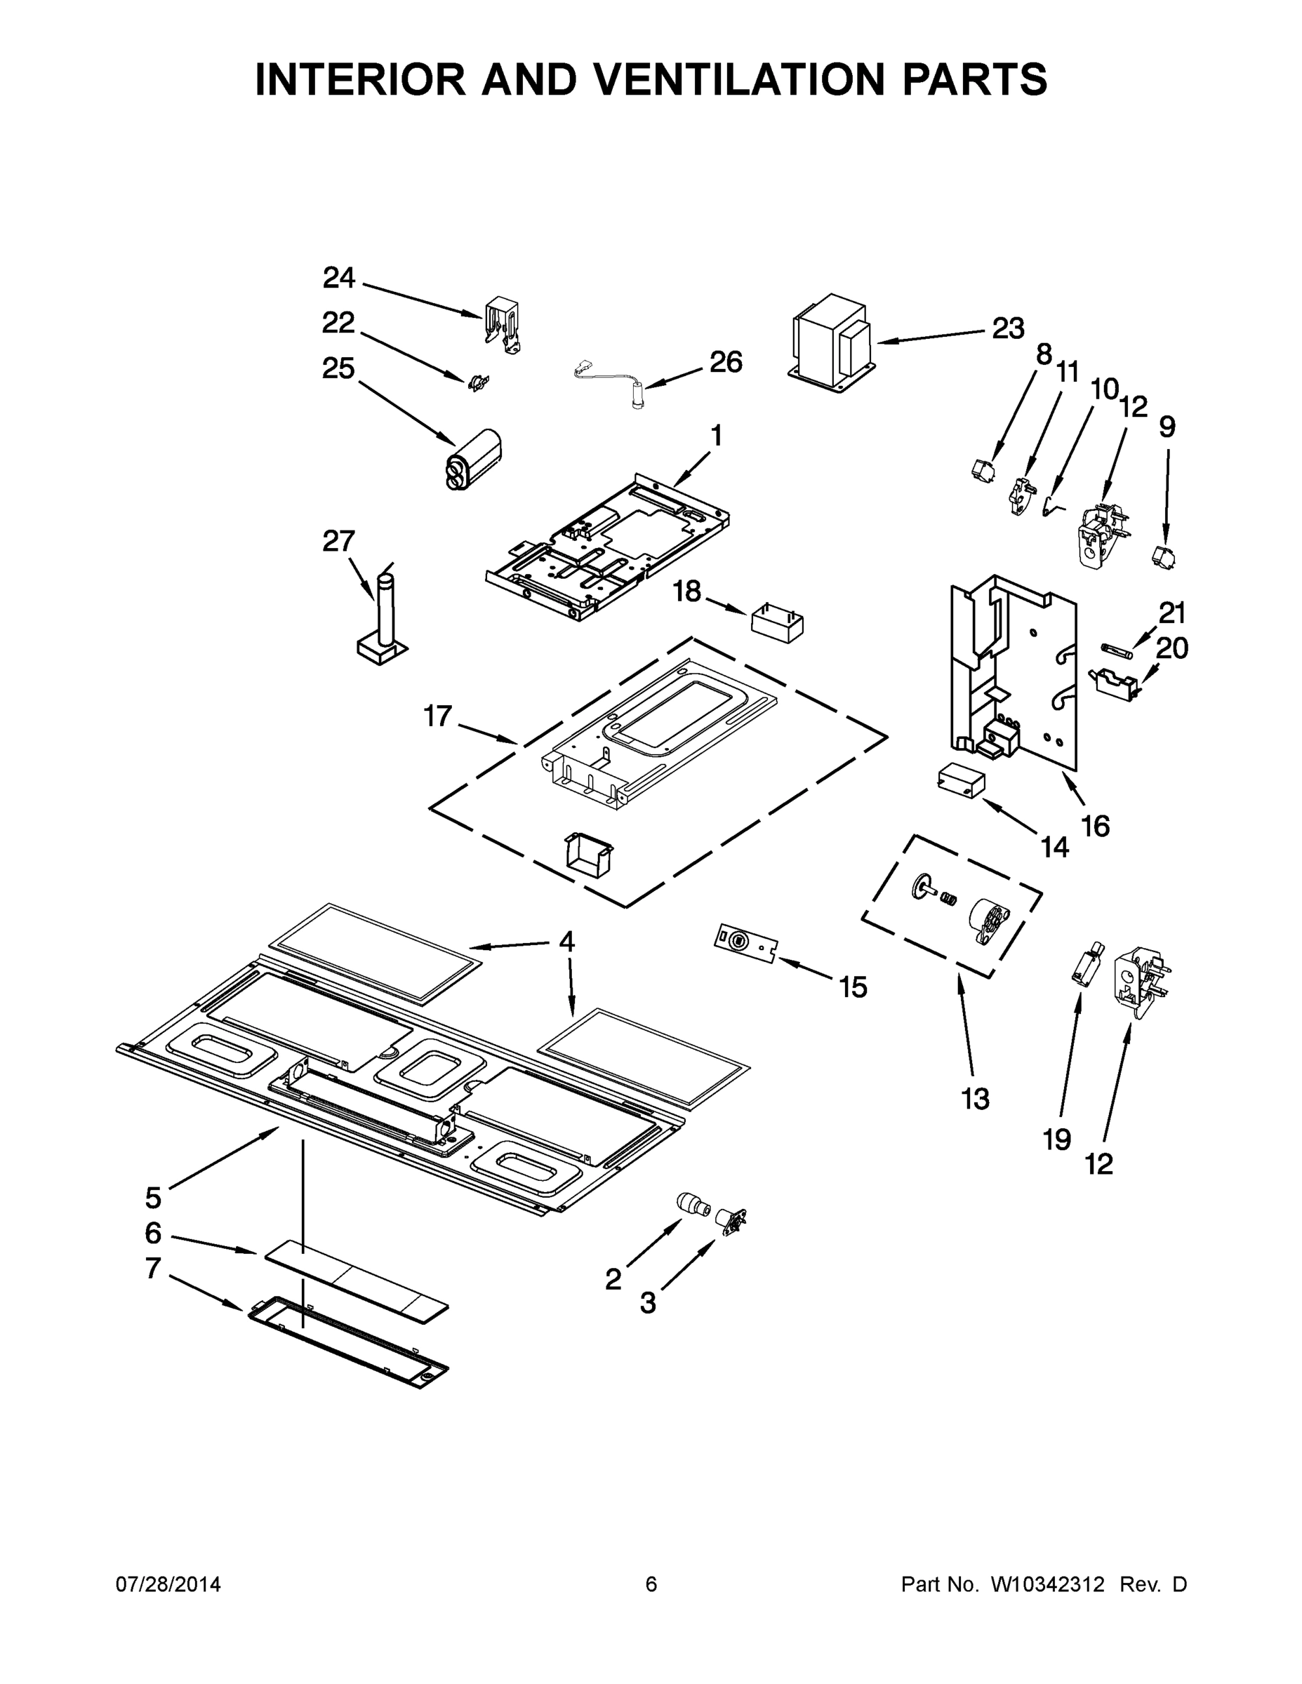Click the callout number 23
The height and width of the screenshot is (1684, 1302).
[1007, 329]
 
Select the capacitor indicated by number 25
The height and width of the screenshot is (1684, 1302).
[473, 458]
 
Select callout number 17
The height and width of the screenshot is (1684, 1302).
[437, 716]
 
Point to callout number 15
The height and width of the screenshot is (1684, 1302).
[853, 987]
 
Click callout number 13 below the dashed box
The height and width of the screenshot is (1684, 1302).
[975, 1099]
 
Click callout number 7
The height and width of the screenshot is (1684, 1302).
[154, 1269]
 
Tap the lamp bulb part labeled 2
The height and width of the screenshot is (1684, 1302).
[691, 1203]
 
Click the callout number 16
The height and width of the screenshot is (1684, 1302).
[1095, 826]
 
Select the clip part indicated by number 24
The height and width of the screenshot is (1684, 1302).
[502, 326]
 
